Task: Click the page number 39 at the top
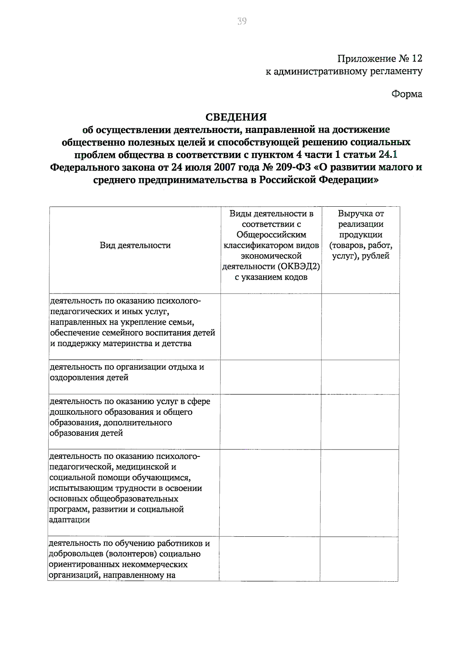click(242, 21)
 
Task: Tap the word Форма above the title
click(407, 94)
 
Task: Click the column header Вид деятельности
click(135, 246)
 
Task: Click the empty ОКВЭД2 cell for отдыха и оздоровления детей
click(271, 377)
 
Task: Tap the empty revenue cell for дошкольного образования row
click(360, 422)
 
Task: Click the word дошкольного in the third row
click(75, 412)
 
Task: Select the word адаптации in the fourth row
click(70, 520)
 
